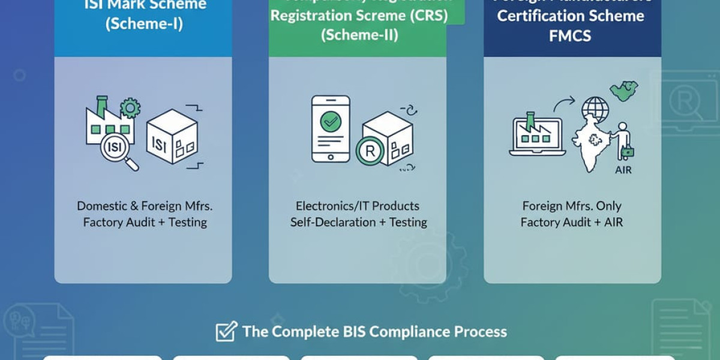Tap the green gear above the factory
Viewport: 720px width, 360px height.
pos(130,109)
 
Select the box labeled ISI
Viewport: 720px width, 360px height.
pos(172,136)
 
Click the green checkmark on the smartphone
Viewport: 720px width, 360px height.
pos(330,122)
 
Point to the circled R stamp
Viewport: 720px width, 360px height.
pos(370,151)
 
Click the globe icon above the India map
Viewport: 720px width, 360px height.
pos(595,110)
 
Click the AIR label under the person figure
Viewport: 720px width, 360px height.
pos(623,170)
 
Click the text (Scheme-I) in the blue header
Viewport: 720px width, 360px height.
pos(143,25)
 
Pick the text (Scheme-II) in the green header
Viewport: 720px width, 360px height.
pos(358,35)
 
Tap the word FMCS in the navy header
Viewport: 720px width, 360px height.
pos(570,35)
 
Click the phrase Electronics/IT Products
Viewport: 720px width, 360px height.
pos(358,206)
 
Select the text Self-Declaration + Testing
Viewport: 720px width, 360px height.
pos(358,222)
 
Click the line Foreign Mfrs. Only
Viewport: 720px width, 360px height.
pos(571,206)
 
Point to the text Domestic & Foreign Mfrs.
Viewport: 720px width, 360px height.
pos(145,206)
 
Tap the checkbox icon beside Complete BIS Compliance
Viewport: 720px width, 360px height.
pos(226,331)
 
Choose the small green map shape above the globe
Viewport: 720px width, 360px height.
pos(623,90)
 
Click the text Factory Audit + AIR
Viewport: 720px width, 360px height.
pos(571,222)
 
